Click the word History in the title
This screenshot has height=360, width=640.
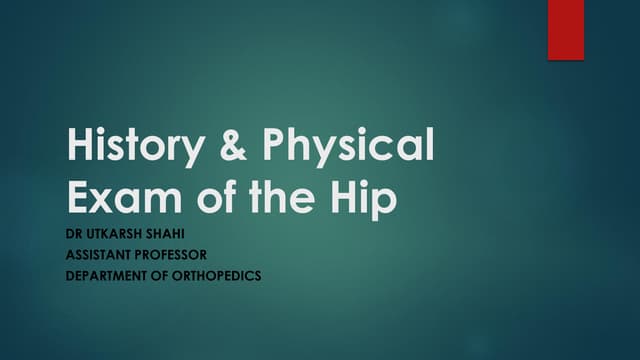coord(128,147)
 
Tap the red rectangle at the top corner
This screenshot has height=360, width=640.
coord(565,30)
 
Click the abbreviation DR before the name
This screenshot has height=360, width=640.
coord(76,236)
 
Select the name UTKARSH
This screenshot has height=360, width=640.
coord(118,236)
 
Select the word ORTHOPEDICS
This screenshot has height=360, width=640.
coord(216,275)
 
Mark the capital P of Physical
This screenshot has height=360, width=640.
coord(276,147)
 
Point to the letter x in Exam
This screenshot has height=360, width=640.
coord(104,199)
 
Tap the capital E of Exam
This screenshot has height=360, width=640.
coord(78,196)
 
